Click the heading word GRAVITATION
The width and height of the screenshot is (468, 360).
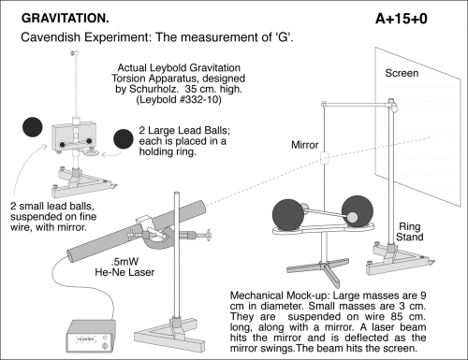click(x=66, y=19)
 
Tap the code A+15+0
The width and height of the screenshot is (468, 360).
click(x=402, y=19)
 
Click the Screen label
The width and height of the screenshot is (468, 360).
click(x=402, y=73)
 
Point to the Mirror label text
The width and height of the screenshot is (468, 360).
click(x=304, y=145)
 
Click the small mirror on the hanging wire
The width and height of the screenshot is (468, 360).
click(x=325, y=158)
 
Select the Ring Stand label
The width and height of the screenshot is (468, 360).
click(x=410, y=232)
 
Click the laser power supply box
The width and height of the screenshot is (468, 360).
click(x=91, y=337)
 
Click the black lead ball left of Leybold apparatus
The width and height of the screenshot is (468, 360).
click(x=33, y=127)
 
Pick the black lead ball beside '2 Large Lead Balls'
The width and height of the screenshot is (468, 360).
click(x=124, y=139)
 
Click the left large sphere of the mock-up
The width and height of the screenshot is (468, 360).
click(x=288, y=215)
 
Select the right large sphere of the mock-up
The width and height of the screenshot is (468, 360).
click(x=358, y=211)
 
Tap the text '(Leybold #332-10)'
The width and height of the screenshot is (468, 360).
click(x=179, y=100)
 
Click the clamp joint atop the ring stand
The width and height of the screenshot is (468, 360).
click(x=392, y=106)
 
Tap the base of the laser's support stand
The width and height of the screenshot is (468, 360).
click(x=168, y=335)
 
